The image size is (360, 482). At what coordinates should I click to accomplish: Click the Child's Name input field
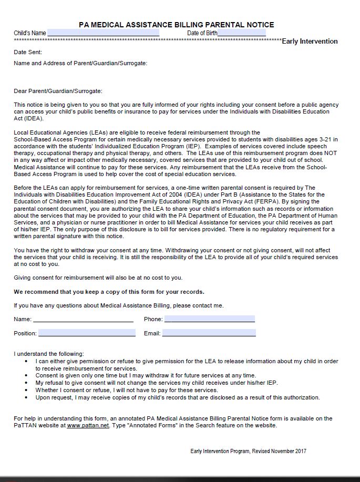(x=103, y=33)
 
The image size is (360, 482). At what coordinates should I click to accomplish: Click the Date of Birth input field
(x=242, y=33)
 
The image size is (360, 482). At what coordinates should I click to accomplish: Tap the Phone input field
(x=209, y=319)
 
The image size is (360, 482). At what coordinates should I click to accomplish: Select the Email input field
(x=209, y=333)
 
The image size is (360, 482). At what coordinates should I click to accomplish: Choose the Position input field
(x=87, y=333)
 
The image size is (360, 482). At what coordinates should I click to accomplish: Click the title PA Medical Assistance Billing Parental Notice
(x=176, y=25)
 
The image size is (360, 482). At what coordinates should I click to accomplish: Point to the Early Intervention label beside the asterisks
(x=310, y=41)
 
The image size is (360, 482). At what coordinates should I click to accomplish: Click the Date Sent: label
(x=28, y=52)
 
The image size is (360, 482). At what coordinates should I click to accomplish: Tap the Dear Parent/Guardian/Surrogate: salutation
(x=58, y=91)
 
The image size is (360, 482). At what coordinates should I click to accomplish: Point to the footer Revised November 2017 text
(x=248, y=451)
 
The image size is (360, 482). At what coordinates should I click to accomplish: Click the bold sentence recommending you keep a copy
(x=109, y=292)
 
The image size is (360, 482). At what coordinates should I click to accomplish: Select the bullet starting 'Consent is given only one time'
(x=146, y=375)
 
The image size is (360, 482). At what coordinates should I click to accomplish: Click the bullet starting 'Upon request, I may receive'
(x=177, y=397)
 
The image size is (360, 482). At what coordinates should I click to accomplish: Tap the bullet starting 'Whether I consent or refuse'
(x=126, y=390)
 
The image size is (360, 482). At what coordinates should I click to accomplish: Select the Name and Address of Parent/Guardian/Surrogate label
(x=80, y=63)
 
